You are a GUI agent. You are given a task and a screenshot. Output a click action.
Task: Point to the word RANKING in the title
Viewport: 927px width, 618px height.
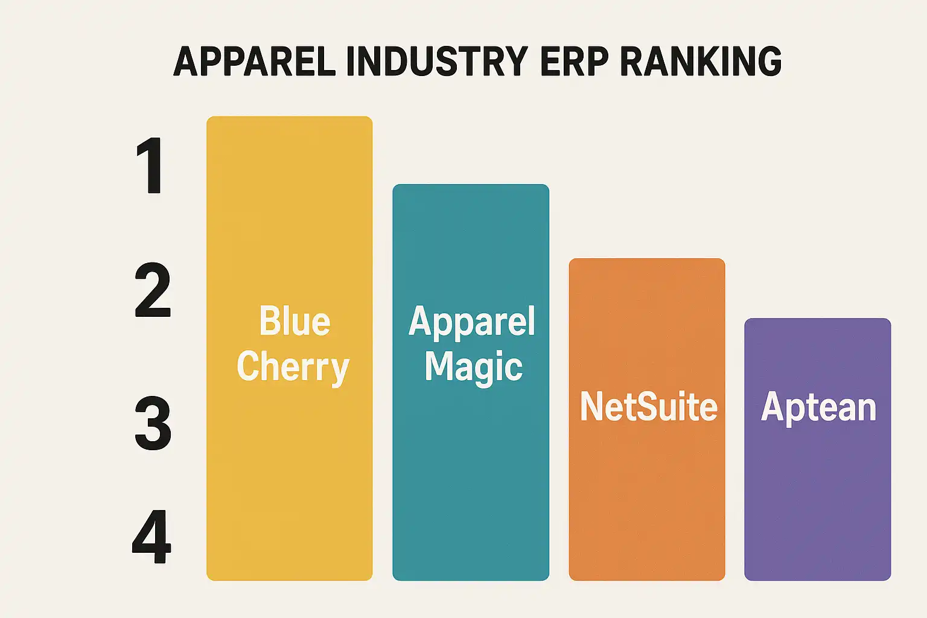point(701,61)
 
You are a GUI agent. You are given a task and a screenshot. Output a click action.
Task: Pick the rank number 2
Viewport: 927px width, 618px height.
point(153,291)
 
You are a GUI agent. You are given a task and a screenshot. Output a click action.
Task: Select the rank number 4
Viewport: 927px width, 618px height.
point(151,537)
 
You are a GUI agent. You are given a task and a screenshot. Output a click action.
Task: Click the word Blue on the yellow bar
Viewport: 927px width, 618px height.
point(295,321)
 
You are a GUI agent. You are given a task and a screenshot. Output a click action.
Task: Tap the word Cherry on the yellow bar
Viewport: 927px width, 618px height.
point(293,367)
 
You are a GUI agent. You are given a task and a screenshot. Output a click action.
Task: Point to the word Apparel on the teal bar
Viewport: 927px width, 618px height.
point(471,322)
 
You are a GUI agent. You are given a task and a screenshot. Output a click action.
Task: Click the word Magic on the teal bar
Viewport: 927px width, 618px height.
point(473,367)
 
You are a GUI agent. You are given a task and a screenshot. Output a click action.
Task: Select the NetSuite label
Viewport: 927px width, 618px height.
point(648,407)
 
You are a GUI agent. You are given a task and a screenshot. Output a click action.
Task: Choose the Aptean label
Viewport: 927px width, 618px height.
point(818,407)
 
